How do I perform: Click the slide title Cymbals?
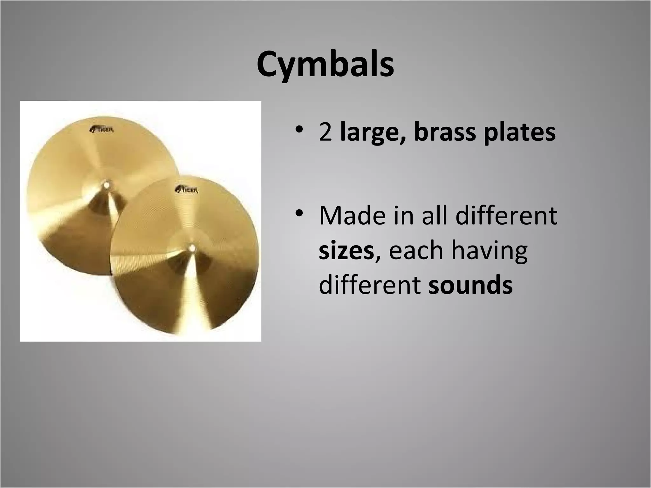[x=325, y=65]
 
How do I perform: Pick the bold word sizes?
[x=346, y=250]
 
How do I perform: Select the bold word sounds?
[x=470, y=285]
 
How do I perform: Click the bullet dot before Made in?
[x=298, y=213]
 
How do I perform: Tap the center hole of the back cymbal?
[x=106, y=184]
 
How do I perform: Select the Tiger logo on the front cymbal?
[x=187, y=190]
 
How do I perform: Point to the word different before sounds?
[x=370, y=285]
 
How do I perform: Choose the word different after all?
[x=507, y=215]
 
